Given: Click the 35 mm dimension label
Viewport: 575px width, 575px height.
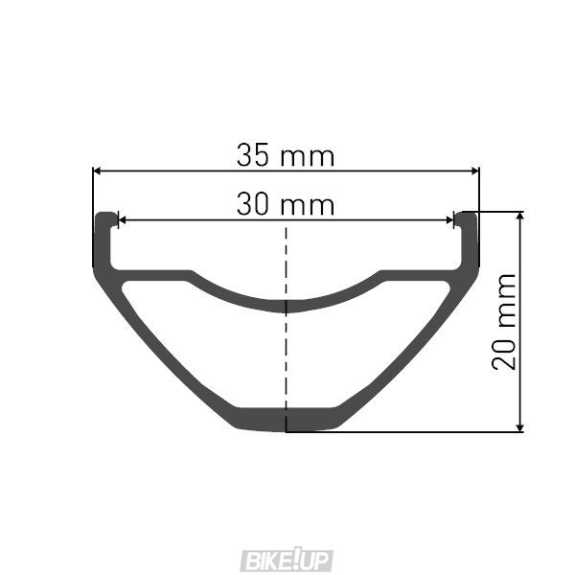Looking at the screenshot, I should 285,154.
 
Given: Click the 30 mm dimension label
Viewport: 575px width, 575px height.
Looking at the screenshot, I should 285,204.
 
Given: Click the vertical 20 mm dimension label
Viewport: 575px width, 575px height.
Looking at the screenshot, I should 504,321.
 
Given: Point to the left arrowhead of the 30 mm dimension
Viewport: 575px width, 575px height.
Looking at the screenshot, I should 121,220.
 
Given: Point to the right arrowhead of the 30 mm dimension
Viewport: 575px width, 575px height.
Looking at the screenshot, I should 449,220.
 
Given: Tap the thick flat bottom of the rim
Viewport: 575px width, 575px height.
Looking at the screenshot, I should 286,419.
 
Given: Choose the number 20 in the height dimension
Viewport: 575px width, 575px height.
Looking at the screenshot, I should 504,351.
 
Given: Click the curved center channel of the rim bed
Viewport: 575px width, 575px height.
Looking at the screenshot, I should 286,306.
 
